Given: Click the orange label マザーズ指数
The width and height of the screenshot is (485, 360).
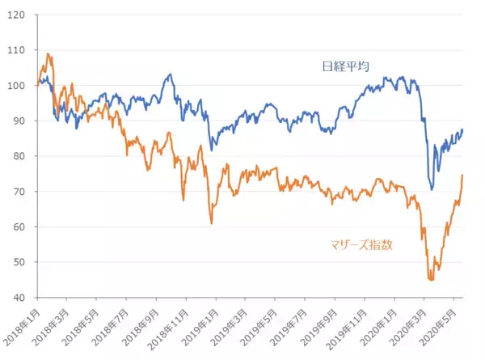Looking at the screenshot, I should point(361,244).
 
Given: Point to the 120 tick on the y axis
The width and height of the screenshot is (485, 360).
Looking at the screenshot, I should point(17,15).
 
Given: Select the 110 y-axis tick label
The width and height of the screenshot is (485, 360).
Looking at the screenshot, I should point(17,50).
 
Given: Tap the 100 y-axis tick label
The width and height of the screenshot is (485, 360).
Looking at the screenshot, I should point(17,85).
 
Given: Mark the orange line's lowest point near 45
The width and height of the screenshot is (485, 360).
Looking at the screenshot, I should point(431,279).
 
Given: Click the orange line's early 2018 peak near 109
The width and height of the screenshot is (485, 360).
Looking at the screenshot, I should point(48,54).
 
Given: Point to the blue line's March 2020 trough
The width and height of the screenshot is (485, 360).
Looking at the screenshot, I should point(432,189).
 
